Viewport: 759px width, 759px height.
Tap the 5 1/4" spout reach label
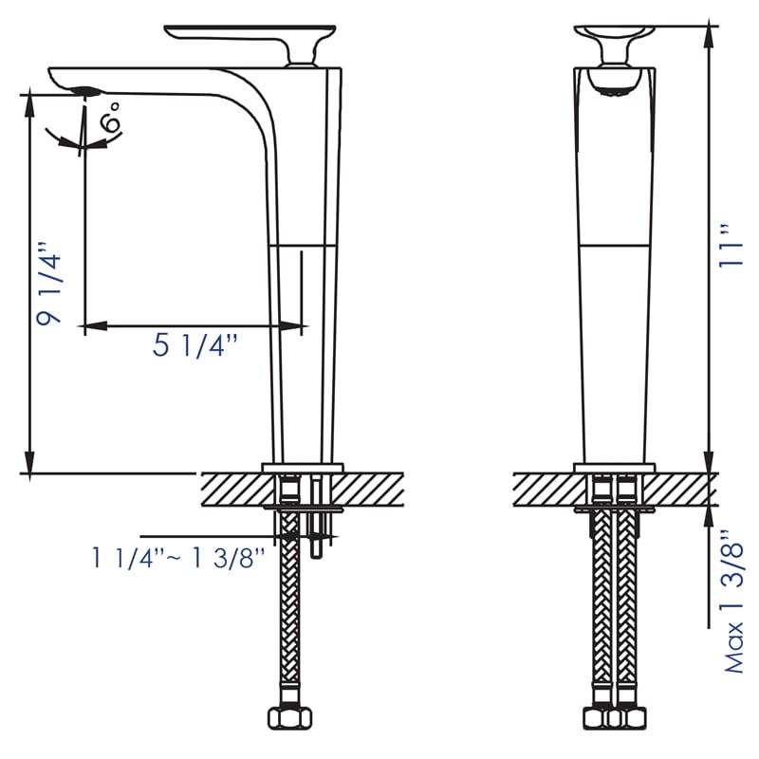(194, 346)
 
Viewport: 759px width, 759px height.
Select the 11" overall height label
(728, 247)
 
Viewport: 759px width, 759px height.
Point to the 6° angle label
(111, 120)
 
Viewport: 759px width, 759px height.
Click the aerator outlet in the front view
(614, 90)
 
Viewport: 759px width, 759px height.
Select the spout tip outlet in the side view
(83, 91)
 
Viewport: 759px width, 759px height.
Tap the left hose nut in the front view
(601, 717)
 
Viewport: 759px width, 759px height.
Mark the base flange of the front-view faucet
(614, 467)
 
